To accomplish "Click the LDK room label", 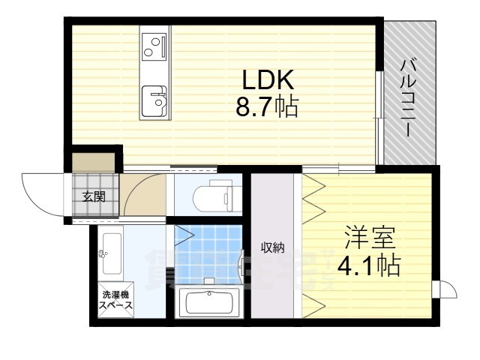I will (261, 79).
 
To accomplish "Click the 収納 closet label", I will (272, 247).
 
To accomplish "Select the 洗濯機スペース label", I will (116, 300).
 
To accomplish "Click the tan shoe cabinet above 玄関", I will (94, 162).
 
